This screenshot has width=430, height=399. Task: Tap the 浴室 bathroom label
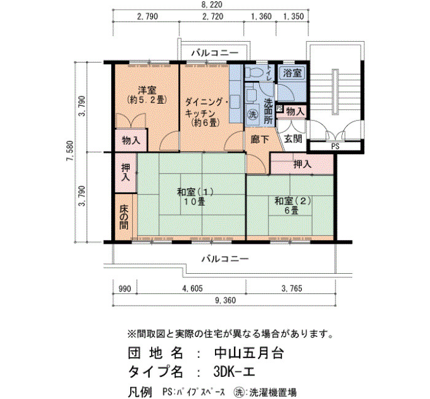tap(292, 73)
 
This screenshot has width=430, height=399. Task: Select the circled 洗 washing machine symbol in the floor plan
tap(252, 115)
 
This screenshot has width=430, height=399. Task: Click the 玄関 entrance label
tap(293, 139)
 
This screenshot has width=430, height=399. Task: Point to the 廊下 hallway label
tap(260, 139)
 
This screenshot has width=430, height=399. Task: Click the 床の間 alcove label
tap(124, 217)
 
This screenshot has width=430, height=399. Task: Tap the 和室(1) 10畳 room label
tap(195, 197)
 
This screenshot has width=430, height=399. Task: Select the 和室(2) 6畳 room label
tap(293, 206)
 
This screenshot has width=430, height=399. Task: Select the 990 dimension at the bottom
tap(125, 289)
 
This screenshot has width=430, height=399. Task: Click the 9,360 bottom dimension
tap(225, 300)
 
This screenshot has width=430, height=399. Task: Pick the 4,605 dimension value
tap(192, 289)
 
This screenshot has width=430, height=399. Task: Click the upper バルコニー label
tap(215, 53)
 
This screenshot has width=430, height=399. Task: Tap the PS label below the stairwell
tap(335, 147)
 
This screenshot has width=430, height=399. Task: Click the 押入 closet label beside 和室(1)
tap(125, 172)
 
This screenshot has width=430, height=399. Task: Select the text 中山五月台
tap(248, 353)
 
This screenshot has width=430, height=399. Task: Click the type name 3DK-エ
tap(235, 371)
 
